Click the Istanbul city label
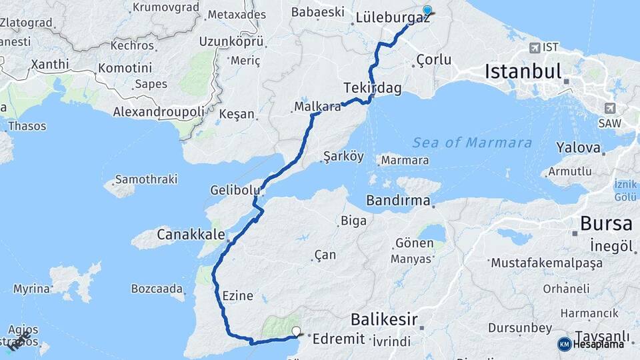[523, 71]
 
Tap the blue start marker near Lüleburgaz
[427, 11]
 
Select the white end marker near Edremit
[296, 330]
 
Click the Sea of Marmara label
[472, 143]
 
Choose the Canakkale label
[191, 234]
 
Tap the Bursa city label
[605, 223]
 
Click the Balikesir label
[384, 319]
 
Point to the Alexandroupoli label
[159, 112]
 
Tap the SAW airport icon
[609, 108]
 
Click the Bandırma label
[398, 200]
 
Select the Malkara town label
[317, 106]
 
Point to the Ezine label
[237, 295]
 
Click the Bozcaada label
[157, 289]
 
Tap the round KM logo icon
[564, 344]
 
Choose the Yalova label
[578, 147]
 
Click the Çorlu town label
[433, 60]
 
